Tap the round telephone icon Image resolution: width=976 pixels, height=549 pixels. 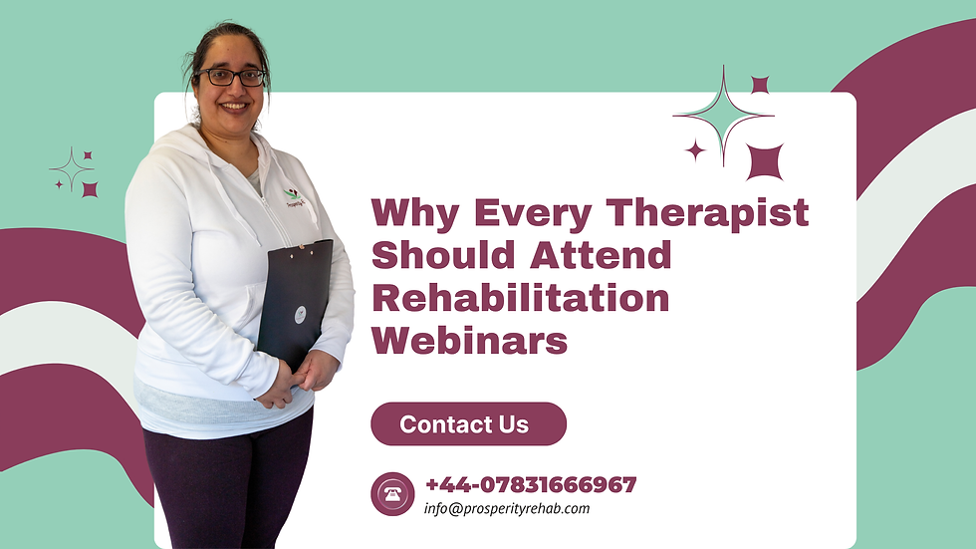[391, 494]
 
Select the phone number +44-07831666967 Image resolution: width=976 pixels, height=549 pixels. [530, 485]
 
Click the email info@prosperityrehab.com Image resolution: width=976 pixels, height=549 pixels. [507, 508]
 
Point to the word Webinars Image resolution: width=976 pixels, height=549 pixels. [469, 341]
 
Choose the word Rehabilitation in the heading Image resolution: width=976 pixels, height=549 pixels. [520, 298]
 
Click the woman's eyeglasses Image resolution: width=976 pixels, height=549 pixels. [231, 77]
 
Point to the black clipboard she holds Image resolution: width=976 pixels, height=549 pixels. [295, 299]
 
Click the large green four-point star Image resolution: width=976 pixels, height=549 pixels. [724, 117]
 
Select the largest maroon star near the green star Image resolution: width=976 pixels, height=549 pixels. [765, 161]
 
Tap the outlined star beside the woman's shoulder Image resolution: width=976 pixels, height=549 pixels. [72, 169]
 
